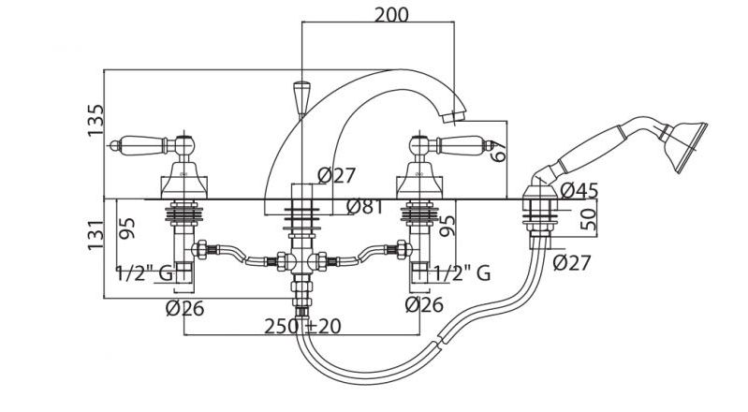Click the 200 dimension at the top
[x=391, y=15]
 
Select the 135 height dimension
[x=95, y=120]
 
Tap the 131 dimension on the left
[x=95, y=234]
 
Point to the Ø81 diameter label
[x=365, y=207]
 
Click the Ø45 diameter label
[x=579, y=190]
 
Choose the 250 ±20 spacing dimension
[x=303, y=327]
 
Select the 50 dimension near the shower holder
[x=589, y=219]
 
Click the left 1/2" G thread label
[x=144, y=273]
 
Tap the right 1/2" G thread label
[x=462, y=273]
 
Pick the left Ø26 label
[x=184, y=308]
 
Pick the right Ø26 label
[x=424, y=304]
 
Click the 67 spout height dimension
[x=497, y=152]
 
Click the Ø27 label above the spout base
[x=336, y=176]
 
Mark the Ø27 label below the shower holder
[x=572, y=262]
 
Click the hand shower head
[x=683, y=146]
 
